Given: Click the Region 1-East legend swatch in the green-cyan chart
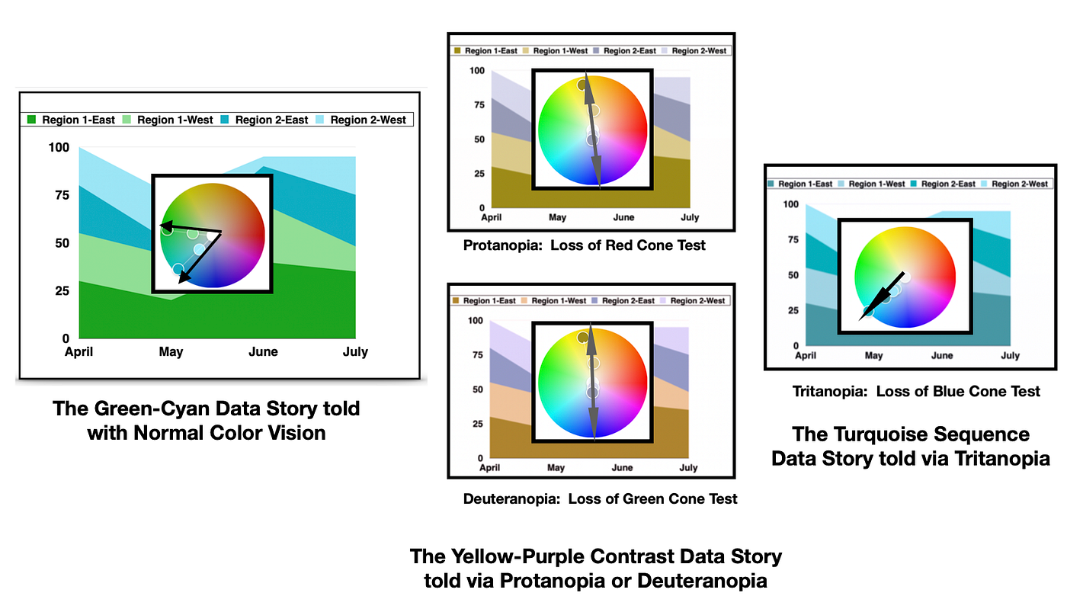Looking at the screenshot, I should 32,120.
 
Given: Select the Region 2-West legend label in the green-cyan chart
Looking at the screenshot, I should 368,120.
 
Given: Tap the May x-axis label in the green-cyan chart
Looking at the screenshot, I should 171,351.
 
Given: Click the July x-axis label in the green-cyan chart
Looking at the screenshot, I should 355,351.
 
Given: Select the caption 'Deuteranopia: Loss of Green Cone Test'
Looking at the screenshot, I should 600,499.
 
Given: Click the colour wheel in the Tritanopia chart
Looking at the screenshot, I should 905,277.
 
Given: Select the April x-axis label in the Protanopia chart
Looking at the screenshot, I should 492,218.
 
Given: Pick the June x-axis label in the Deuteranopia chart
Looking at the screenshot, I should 622,468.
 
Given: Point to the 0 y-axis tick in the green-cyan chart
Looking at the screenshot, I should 66,338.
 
